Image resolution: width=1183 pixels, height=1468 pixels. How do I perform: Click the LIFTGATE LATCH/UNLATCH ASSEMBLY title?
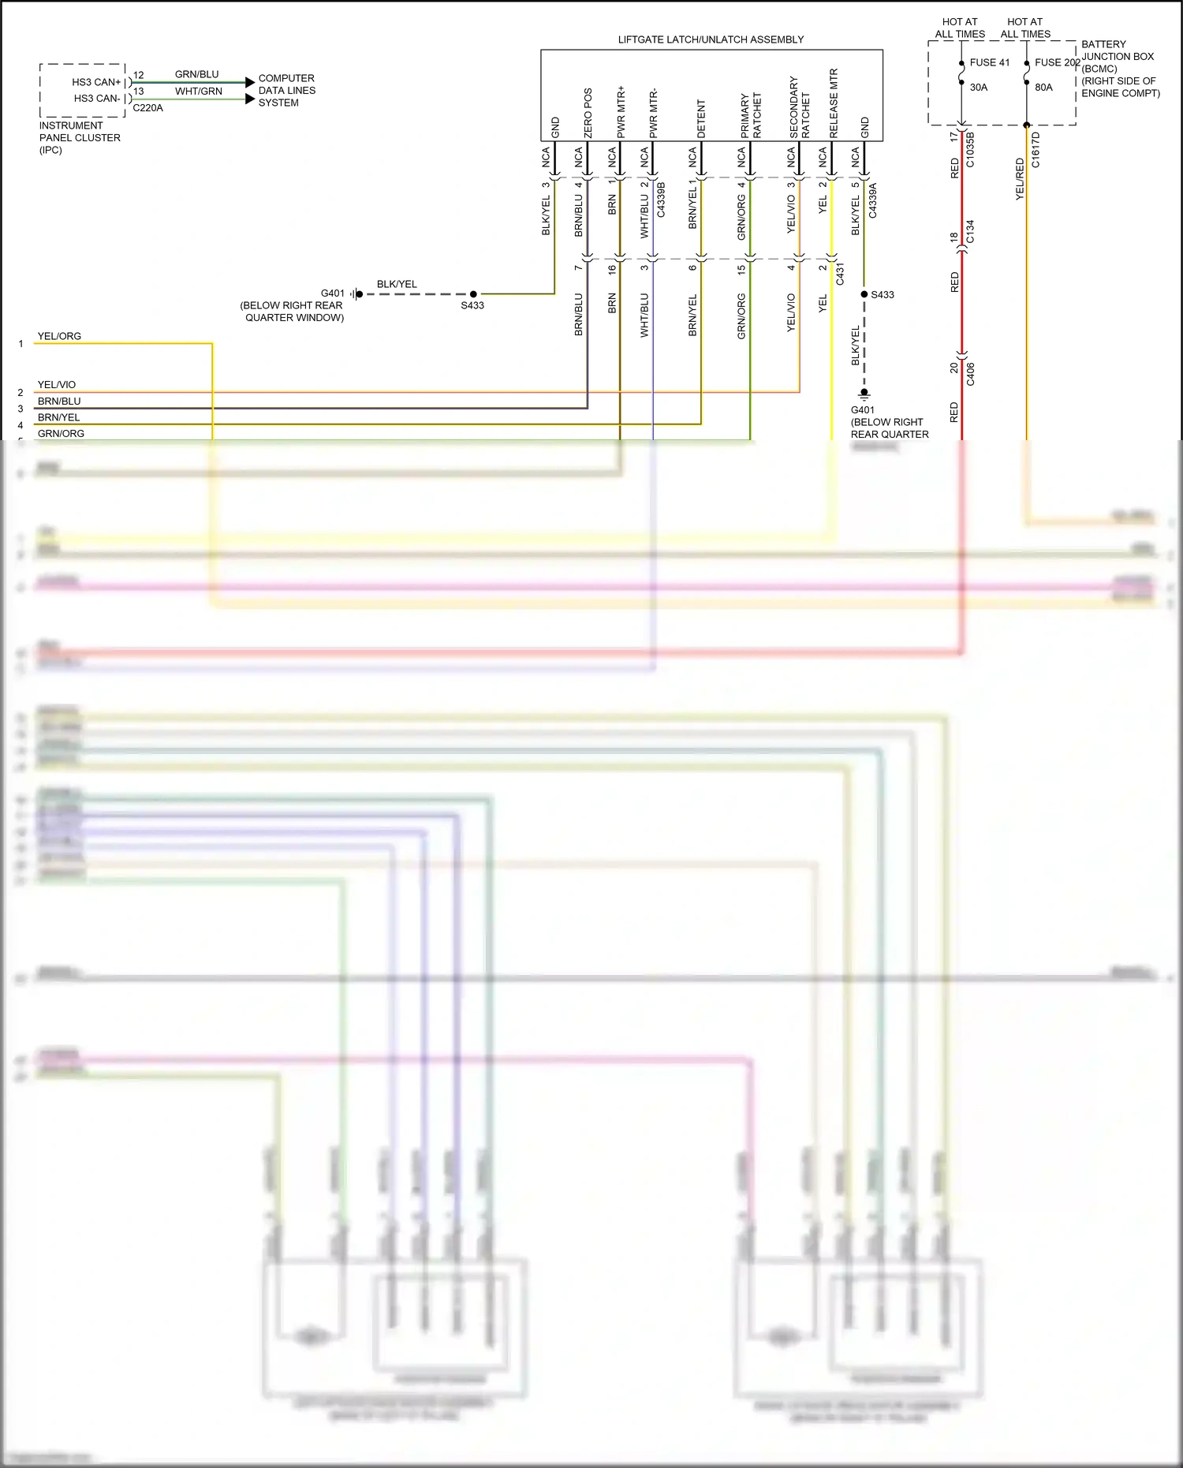(x=711, y=39)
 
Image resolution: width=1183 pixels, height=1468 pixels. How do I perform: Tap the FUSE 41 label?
(x=989, y=62)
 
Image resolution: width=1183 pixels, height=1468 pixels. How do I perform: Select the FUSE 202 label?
(x=1057, y=62)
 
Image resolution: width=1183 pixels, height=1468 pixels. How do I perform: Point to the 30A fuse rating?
(x=978, y=88)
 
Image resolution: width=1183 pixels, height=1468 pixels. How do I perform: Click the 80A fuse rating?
(x=1043, y=88)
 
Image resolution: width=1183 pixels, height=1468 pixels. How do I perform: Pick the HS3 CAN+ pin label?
(x=96, y=82)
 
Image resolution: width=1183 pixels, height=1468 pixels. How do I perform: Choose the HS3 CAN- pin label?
(x=97, y=99)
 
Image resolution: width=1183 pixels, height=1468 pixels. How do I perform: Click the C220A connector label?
(x=147, y=108)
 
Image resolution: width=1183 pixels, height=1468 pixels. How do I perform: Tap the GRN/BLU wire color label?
(x=196, y=74)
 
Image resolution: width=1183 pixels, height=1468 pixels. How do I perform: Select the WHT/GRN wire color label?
(x=198, y=92)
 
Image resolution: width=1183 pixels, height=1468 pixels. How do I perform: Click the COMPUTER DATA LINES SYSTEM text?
(x=286, y=90)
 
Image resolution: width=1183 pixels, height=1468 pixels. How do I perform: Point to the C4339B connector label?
(x=661, y=200)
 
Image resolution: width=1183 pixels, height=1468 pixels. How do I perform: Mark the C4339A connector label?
(x=872, y=200)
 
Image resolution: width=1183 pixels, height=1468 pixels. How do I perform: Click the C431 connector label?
(x=840, y=274)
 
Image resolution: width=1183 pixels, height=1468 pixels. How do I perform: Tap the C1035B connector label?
(x=970, y=150)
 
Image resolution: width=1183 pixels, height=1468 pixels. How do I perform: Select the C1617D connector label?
(x=1036, y=150)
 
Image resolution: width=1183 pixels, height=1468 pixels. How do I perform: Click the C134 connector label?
(x=970, y=231)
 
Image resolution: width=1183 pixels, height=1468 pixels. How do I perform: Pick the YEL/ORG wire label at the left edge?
(x=59, y=336)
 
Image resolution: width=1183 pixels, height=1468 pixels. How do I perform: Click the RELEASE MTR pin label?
(x=834, y=103)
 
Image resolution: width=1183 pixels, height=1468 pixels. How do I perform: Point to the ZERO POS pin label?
(x=588, y=113)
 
